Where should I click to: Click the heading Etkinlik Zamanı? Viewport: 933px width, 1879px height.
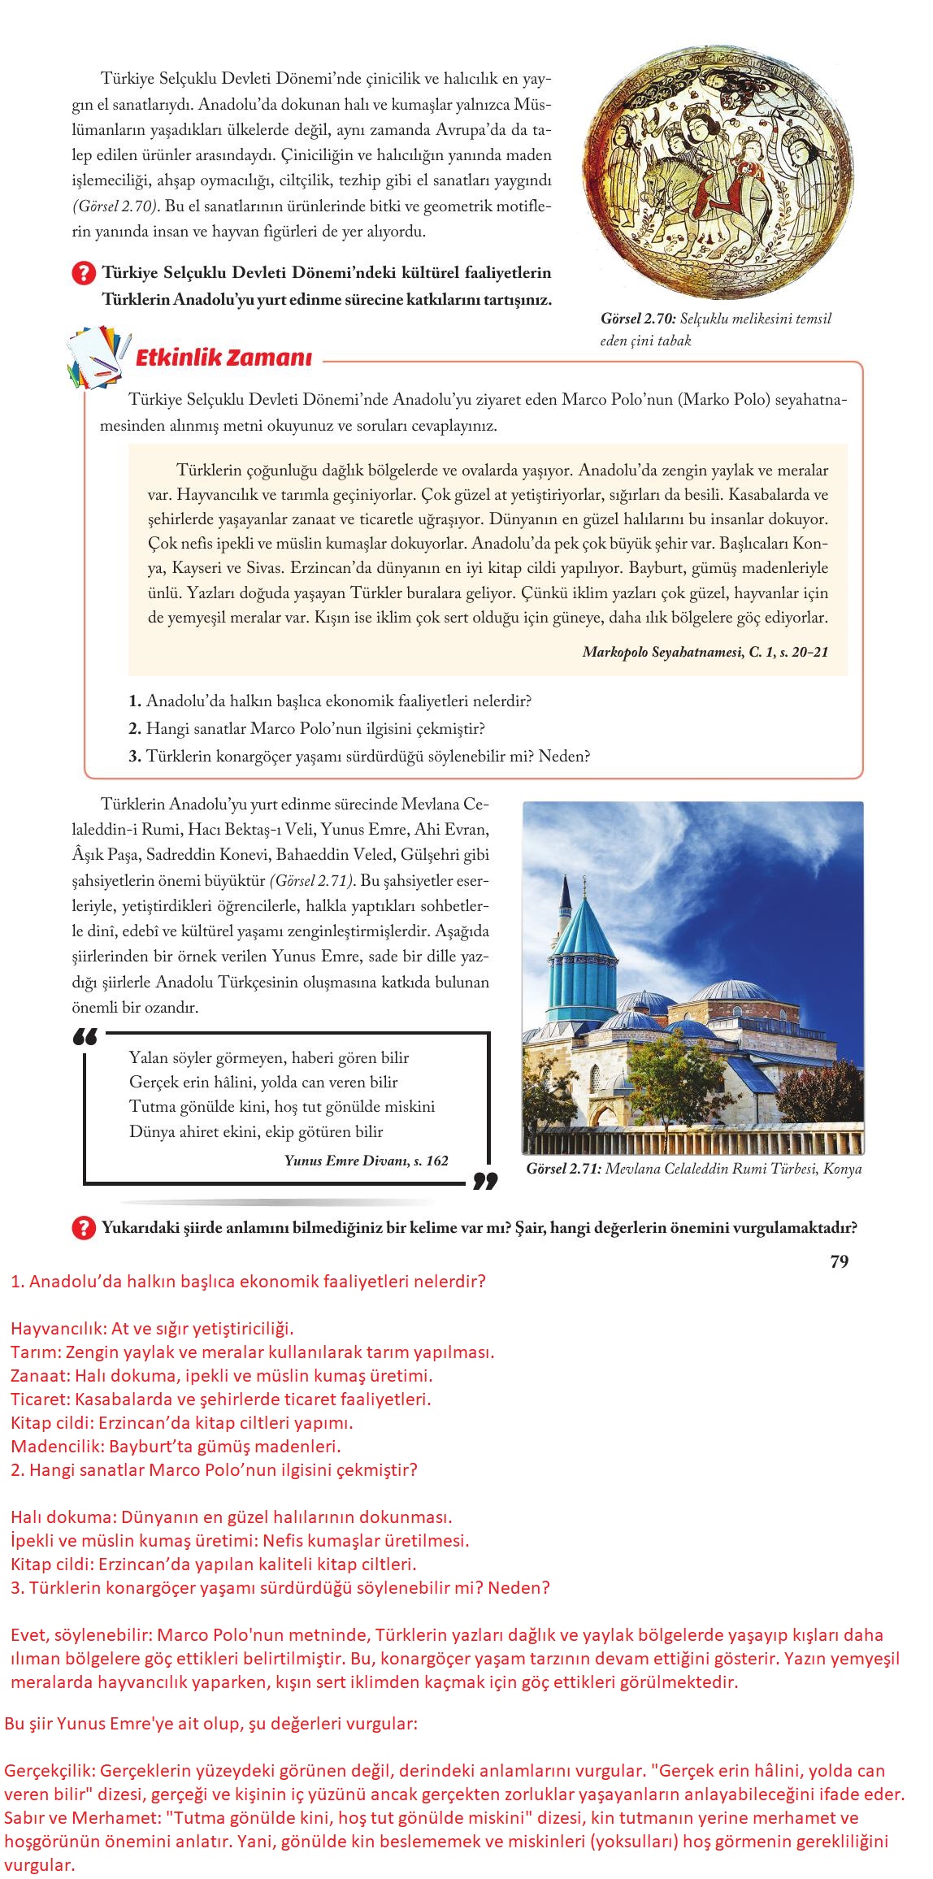[223, 358]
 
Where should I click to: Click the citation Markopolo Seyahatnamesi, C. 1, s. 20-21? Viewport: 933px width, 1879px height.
[705, 651]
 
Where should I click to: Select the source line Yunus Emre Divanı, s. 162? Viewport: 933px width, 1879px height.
[366, 1160]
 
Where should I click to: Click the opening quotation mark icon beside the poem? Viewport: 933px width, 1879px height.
[85, 1038]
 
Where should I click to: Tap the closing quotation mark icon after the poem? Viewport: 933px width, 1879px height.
[484, 1180]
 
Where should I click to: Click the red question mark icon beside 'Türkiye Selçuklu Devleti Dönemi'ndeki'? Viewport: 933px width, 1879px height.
[84, 274]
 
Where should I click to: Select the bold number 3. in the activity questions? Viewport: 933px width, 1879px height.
[135, 756]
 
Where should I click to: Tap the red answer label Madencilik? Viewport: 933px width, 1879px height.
[57, 1446]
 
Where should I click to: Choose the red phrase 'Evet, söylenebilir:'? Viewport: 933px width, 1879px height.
[80, 1635]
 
